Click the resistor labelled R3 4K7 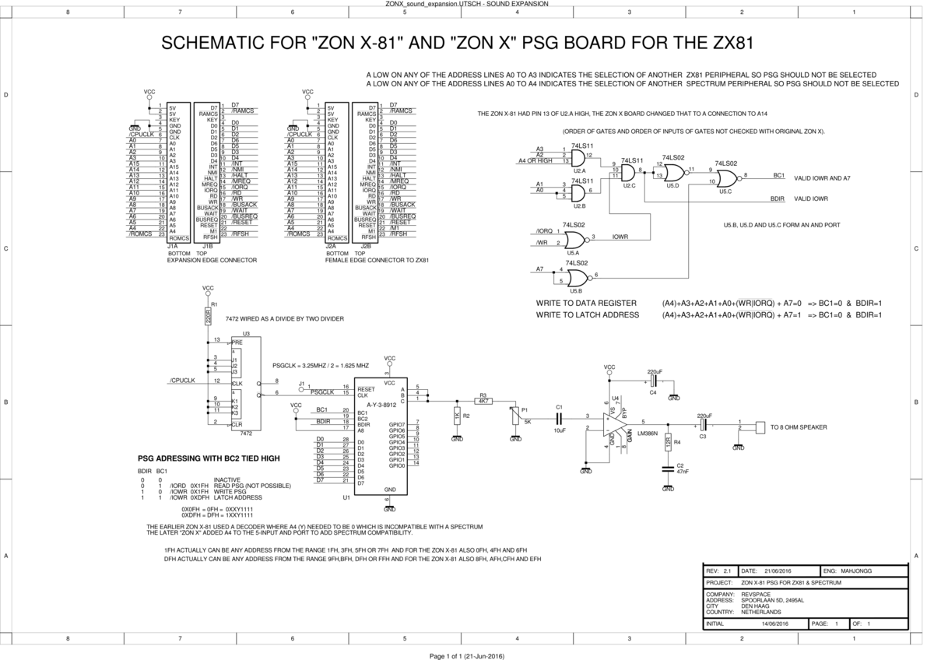pyautogui.click(x=483, y=402)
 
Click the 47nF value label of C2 pyautogui.click(x=682, y=472)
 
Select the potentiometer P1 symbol pyautogui.click(x=514, y=417)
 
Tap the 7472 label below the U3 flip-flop pyautogui.click(x=246, y=433)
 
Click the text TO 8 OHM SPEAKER pyautogui.click(x=799, y=427)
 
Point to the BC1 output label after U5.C pyautogui.click(x=778, y=176)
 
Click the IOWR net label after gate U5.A pyautogui.click(x=620, y=237)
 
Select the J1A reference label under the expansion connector pyautogui.click(x=173, y=245)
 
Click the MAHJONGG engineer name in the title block pyautogui.click(x=858, y=570)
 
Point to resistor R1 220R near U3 pyautogui.click(x=209, y=316)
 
